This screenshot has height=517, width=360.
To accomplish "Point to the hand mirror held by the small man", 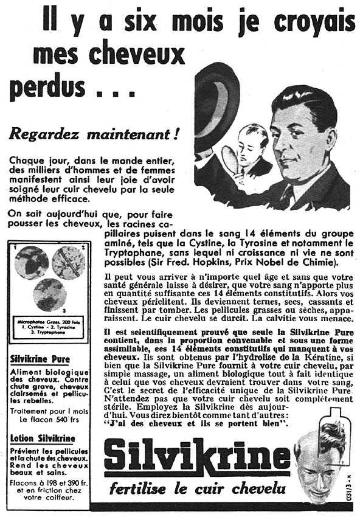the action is (x=230, y=160).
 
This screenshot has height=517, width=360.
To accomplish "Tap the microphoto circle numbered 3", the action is (x=49, y=294).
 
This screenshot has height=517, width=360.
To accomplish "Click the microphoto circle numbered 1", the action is (x=32, y=262).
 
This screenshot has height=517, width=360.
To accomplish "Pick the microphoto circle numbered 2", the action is (x=68, y=262).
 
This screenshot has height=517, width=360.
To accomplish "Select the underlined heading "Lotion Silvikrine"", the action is (x=43, y=437).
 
